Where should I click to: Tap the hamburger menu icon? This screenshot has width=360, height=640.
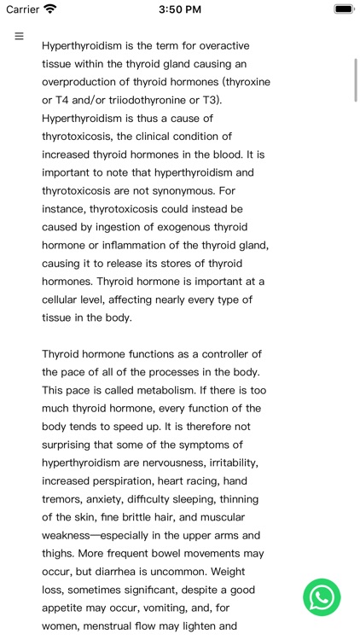(19, 37)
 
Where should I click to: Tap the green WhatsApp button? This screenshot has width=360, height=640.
(322, 597)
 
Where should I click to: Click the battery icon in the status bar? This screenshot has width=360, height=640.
(343, 9)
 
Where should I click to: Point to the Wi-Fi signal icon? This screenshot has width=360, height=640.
(50, 9)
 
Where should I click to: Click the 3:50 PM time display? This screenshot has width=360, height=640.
(179, 9)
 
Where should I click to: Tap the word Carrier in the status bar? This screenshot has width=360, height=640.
(23, 9)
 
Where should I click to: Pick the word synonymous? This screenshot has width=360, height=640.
(186, 190)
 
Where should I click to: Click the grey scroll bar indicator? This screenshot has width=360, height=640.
(355, 79)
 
